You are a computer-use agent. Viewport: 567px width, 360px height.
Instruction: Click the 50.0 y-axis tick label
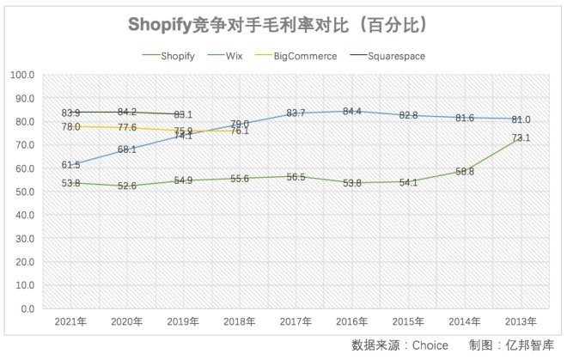(x=23, y=192)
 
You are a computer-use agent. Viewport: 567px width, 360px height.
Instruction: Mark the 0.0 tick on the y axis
(x=26, y=308)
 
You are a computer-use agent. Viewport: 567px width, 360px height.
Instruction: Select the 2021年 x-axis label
(x=71, y=321)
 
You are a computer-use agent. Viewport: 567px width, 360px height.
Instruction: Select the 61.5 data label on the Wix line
(x=71, y=165)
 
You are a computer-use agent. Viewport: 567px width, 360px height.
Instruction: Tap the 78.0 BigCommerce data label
(x=71, y=126)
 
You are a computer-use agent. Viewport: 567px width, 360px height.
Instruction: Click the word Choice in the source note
(x=430, y=345)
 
